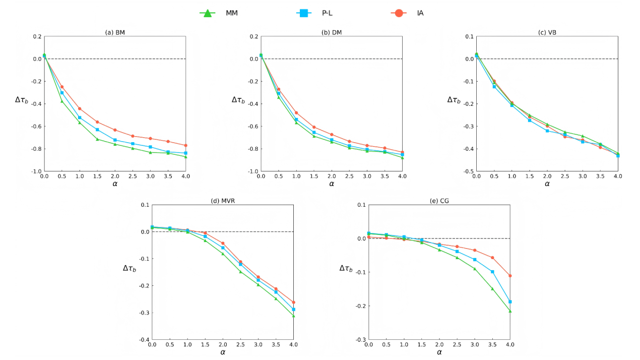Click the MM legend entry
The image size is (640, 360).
click(x=218, y=13)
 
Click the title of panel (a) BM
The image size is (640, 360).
click(x=115, y=33)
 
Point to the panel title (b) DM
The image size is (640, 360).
click(x=332, y=33)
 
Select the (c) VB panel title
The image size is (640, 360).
click(x=547, y=33)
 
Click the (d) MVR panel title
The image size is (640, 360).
click(x=223, y=201)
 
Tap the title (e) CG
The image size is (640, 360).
click(x=439, y=201)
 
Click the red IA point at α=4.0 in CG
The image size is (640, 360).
click(x=510, y=276)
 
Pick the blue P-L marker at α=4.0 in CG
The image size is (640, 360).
click(x=510, y=302)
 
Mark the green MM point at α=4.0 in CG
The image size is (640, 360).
click(x=510, y=311)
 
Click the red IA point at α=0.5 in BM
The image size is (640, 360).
click(x=62, y=87)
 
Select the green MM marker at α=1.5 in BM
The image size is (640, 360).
click(x=97, y=139)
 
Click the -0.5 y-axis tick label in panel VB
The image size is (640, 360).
click(x=467, y=171)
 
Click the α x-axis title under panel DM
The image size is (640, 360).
click(x=332, y=184)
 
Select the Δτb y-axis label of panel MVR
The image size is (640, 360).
click(x=130, y=268)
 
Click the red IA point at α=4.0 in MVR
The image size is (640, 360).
click(x=293, y=303)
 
